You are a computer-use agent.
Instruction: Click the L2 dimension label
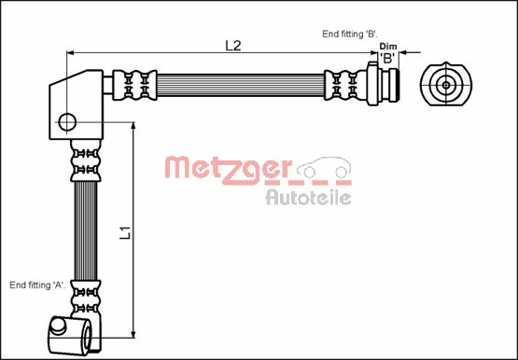coord(233,46)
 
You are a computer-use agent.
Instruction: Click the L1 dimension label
coord(126,232)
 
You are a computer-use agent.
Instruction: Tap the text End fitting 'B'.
coord(350,34)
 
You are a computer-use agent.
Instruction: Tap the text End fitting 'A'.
coord(37,285)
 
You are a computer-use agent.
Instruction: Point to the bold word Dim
coord(388,47)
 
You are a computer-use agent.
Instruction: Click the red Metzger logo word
coord(228,169)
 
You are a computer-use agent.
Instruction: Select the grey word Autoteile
coord(308,198)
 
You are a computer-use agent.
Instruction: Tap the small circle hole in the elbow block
coord(67,122)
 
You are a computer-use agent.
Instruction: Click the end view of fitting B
coord(446,85)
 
